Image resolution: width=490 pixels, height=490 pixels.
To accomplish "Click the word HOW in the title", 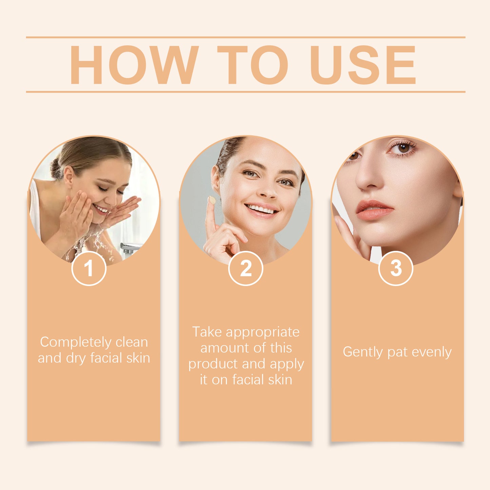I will click(x=134, y=65).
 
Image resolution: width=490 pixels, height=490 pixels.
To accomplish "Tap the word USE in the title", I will click(x=362, y=65).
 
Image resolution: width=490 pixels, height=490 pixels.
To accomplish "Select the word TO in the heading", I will click(x=252, y=65).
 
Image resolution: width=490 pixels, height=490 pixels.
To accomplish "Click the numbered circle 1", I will click(x=89, y=269).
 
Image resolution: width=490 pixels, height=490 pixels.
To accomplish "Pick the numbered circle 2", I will click(x=246, y=269).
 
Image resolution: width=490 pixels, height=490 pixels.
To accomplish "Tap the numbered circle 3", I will click(x=395, y=269).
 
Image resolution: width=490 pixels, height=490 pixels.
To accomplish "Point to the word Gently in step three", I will click(x=362, y=352).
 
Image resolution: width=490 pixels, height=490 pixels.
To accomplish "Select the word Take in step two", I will click(x=207, y=332).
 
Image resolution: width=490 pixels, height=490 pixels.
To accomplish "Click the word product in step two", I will click(x=213, y=364).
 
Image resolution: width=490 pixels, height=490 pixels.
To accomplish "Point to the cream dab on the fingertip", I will click(x=212, y=200).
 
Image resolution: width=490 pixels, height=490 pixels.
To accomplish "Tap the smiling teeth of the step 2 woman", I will click(x=261, y=209).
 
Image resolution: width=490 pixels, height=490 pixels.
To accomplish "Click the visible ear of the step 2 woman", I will click(x=215, y=180).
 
